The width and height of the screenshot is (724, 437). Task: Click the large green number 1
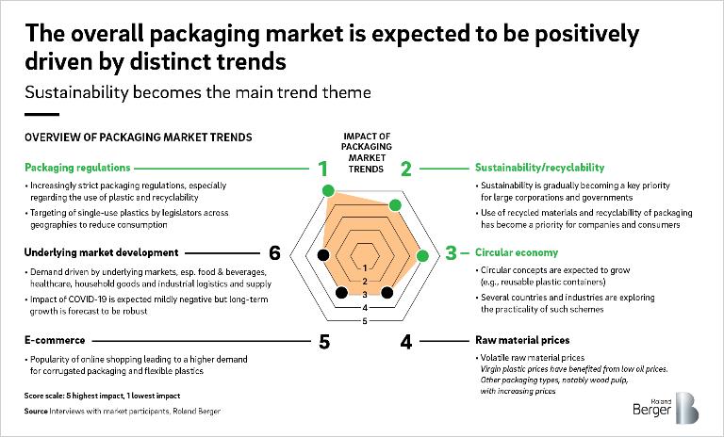tap(322, 170)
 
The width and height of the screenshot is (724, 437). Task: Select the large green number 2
tap(406, 170)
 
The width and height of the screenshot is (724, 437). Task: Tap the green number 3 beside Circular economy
tap(451, 252)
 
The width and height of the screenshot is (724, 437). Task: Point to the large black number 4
tap(406, 341)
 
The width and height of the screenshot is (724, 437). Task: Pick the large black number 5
tap(323, 341)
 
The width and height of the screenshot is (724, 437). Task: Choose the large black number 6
tap(275, 252)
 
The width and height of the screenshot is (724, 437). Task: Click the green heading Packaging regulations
tap(79, 168)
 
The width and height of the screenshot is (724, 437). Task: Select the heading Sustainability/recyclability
tap(538, 168)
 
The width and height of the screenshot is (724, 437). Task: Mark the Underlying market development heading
tap(102, 252)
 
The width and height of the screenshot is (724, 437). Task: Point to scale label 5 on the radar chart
tap(364, 321)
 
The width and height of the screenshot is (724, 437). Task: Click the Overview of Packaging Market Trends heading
tap(138, 137)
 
